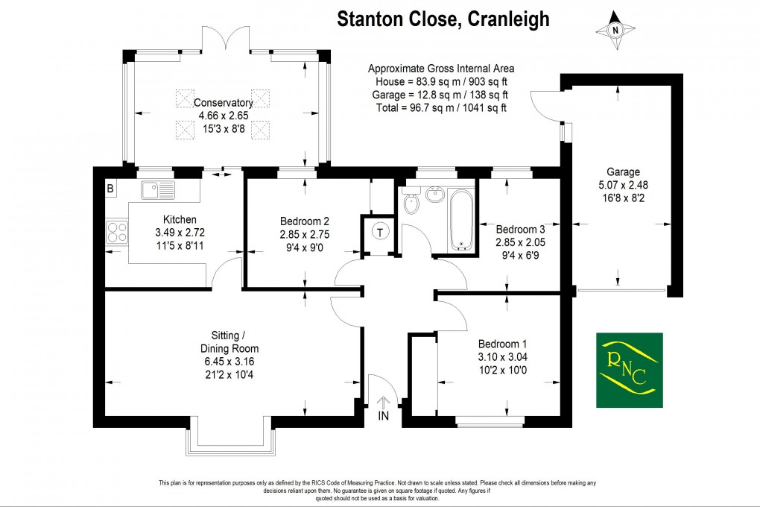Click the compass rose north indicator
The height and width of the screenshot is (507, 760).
pyautogui.click(x=615, y=31)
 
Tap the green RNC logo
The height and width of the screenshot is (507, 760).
pyautogui.click(x=629, y=369)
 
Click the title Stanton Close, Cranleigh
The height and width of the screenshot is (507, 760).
pyautogui.click(x=443, y=19)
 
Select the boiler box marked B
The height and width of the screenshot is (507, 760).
pyautogui.click(x=110, y=189)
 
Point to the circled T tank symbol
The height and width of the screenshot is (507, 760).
pyautogui.click(x=381, y=233)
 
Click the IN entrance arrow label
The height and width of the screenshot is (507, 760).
pyautogui.click(x=384, y=415)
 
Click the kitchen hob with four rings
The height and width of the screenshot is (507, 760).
pyautogui.click(x=117, y=231)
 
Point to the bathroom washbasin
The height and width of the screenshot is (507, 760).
pyautogui.click(x=434, y=197)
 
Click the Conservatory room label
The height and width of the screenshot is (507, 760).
pyautogui.click(x=224, y=103)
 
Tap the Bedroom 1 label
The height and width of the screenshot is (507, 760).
pyautogui.click(x=502, y=344)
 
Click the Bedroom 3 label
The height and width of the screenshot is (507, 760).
pyautogui.click(x=520, y=229)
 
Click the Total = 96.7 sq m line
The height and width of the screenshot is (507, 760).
pyautogui.click(x=440, y=107)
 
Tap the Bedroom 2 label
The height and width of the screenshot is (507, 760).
pyautogui.click(x=304, y=221)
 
